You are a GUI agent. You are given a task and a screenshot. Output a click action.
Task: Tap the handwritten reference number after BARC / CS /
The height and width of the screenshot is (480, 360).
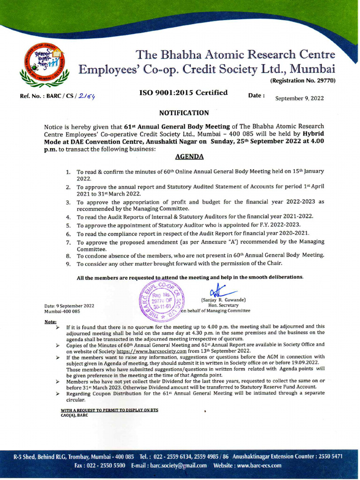click(88, 97)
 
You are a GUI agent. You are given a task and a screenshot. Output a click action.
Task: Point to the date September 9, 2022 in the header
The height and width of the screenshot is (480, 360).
click(299, 98)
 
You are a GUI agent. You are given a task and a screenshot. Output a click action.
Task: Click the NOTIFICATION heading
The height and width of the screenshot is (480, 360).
click(184, 112)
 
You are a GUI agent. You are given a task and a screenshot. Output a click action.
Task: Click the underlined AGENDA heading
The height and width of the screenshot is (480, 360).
click(189, 157)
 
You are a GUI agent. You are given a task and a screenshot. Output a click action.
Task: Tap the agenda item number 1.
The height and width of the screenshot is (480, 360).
click(68, 172)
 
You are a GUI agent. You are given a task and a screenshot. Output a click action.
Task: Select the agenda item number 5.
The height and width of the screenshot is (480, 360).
click(68, 225)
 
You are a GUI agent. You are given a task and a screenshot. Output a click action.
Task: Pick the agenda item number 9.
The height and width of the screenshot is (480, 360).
click(68, 264)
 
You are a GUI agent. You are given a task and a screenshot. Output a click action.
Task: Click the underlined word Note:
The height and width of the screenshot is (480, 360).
click(50, 322)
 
